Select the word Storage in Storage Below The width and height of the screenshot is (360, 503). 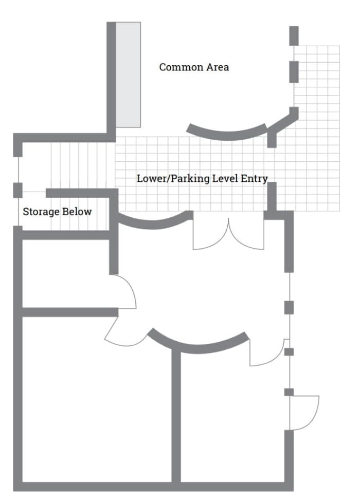click(41, 212)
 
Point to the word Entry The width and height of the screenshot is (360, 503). click(254, 179)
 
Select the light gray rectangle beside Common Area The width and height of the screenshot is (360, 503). click(128, 75)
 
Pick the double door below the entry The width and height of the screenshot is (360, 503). click(228, 236)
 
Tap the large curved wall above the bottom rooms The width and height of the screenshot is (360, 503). click(198, 345)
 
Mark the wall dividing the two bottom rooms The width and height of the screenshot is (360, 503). click(176, 416)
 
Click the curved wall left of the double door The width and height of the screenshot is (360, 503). click(152, 223)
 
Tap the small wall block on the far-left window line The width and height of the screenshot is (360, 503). click(17, 190)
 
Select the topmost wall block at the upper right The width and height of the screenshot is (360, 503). click(294, 35)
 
